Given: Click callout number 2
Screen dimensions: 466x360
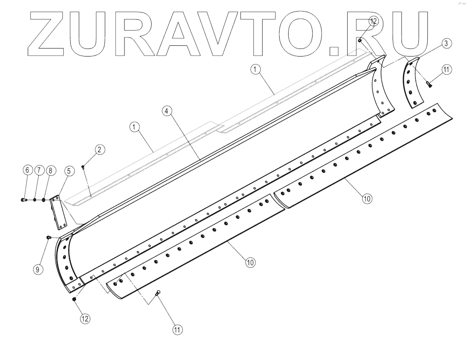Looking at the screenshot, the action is coord(101,150).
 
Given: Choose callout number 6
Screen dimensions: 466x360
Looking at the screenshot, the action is coord(27,170).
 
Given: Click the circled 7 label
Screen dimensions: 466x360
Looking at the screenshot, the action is coord(39,170).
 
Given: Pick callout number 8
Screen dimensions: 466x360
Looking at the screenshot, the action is coord(50,170).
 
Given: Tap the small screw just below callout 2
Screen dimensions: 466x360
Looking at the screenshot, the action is coord(83,167).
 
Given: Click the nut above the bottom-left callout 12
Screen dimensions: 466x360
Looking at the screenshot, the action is coord(75,299).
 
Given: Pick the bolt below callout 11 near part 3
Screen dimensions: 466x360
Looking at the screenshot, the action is coord(429,83).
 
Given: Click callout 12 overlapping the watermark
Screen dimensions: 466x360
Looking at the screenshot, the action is coord(373,21).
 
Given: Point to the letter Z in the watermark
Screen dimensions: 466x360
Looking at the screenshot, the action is coord(49,30).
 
